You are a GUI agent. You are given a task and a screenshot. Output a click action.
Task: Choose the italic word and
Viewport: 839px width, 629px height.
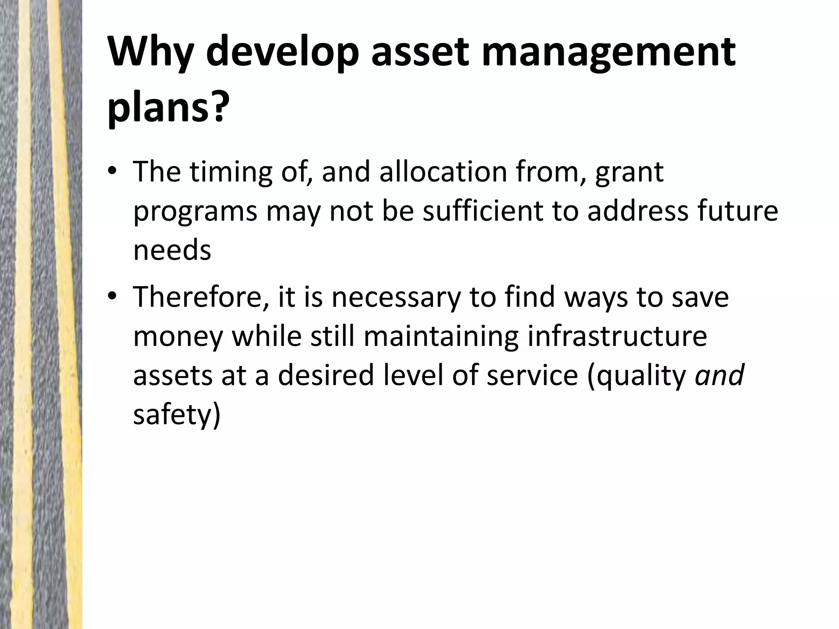719,375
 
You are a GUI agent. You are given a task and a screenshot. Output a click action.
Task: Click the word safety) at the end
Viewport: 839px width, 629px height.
177,414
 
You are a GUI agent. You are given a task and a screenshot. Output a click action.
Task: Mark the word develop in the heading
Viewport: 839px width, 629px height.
283,52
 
